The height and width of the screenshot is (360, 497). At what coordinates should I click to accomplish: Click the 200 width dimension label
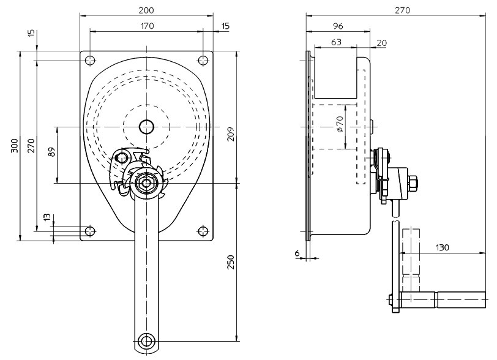(146, 10)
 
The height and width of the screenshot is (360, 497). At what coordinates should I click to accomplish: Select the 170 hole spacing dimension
(147, 26)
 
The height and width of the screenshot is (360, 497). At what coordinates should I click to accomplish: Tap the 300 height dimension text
(15, 146)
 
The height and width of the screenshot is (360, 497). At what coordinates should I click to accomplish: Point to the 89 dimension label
(52, 152)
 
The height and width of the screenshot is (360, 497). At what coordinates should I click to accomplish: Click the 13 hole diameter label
(47, 217)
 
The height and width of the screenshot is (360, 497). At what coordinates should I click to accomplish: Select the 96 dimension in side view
(338, 26)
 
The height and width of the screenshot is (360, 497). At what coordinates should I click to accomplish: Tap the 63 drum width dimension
(336, 42)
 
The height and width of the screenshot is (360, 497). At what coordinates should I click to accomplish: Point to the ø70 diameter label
(340, 124)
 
